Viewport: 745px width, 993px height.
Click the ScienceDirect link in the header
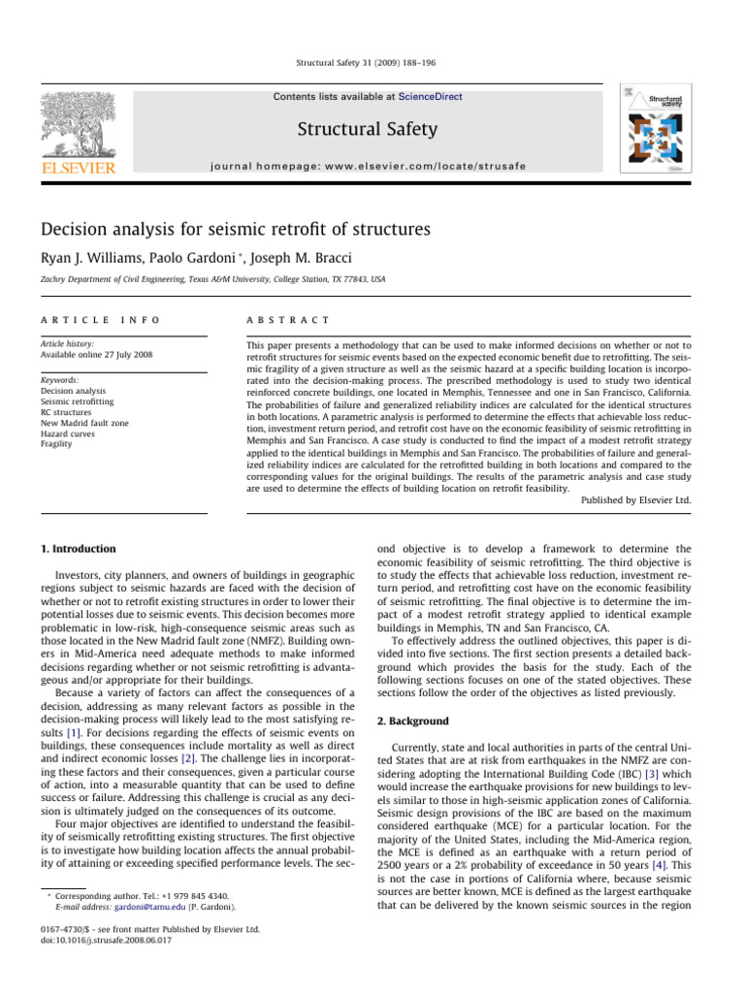426,97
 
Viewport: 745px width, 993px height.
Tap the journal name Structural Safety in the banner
367,129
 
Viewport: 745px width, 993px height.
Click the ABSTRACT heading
289,319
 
